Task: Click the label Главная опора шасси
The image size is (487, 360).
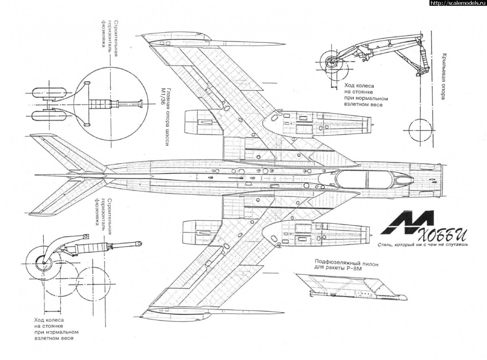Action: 169,122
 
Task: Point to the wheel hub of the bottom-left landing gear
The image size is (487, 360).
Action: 41,263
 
